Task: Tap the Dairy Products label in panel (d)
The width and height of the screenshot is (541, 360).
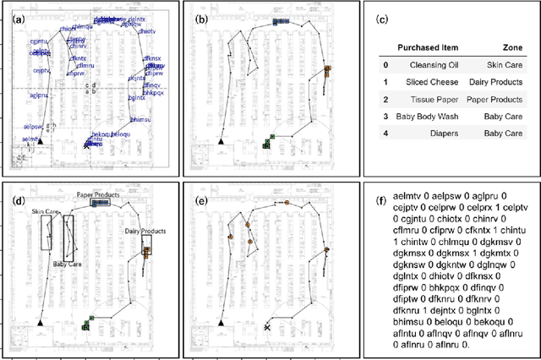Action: [x=143, y=231]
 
